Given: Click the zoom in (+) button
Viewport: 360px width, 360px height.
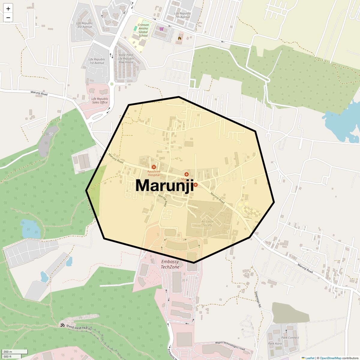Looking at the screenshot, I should (x=8, y=9).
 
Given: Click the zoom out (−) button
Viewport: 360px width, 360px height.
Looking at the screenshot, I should (x=8, y=18).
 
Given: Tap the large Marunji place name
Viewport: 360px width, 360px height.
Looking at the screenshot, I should (x=164, y=185).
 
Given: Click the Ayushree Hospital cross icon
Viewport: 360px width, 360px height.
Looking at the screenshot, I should (x=154, y=167).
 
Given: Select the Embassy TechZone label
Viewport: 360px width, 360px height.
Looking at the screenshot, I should (x=170, y=264).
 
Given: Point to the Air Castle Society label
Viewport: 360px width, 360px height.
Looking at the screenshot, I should (x=207, y=223).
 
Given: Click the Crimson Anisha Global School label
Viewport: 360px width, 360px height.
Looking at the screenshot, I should (x=143, y=30).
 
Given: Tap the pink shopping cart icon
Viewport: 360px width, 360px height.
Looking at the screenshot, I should (x=161, y=29).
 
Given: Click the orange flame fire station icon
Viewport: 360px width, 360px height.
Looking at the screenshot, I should (x=179, y=38).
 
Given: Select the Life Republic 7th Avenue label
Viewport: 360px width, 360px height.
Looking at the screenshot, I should (x=182, y=15).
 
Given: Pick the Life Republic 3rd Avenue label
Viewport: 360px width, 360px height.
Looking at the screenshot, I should (x=85, y=25).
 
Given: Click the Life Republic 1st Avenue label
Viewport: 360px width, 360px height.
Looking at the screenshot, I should (x=97, y=61).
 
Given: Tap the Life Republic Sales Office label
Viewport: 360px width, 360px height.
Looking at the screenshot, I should (x=100, y=100).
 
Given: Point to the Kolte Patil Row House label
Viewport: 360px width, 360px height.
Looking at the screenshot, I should (x=126, y=58).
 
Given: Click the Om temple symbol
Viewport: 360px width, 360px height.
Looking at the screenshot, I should (x=62, y=325).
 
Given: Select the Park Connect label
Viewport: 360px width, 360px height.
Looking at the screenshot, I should (x=290, y=337).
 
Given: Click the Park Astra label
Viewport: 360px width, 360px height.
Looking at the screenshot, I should (x=275, y=343).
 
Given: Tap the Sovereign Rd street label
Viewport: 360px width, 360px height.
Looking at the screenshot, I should (x=257, y=299).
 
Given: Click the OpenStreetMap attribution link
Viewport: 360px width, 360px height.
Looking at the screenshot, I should (x=330, y=358).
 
